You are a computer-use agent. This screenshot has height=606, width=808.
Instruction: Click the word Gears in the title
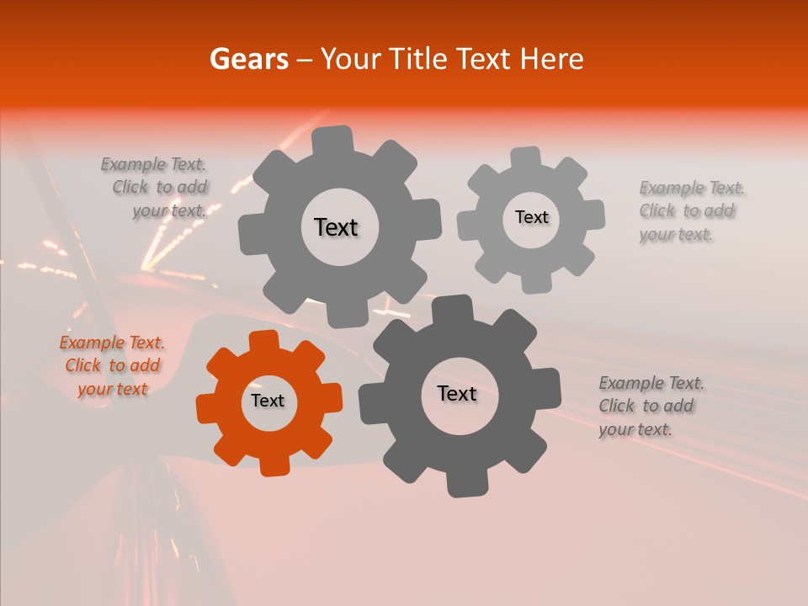248,59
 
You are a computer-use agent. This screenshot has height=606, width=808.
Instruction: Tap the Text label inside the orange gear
268,401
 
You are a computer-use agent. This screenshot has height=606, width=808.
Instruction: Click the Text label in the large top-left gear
336,227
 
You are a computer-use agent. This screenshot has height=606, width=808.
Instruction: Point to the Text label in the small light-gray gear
531,217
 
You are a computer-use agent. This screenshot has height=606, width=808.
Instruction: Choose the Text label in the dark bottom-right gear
457,393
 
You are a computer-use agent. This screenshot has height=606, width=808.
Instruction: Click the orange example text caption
112,365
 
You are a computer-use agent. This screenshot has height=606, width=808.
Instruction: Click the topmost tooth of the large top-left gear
332,140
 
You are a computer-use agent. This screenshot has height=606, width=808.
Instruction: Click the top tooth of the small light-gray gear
526,157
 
